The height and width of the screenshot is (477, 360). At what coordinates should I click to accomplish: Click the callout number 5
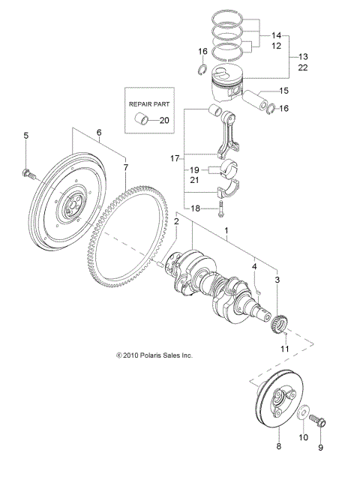pyautogui.click(x=26, y=136)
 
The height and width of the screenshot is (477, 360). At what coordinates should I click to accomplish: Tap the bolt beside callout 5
pyautogui.click(x=28, y=175)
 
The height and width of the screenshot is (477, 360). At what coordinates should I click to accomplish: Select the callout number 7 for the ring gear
pyautogui.click(x=125, y=166)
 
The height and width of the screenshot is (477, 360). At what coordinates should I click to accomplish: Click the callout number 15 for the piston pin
pyautogui.click(x=283, y=91)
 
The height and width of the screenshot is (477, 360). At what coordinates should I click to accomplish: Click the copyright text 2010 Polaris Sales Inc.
pyautogui.click(x=153, y=355)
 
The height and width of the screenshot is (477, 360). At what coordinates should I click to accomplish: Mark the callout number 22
pyautogui.click(x=303, y=67)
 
